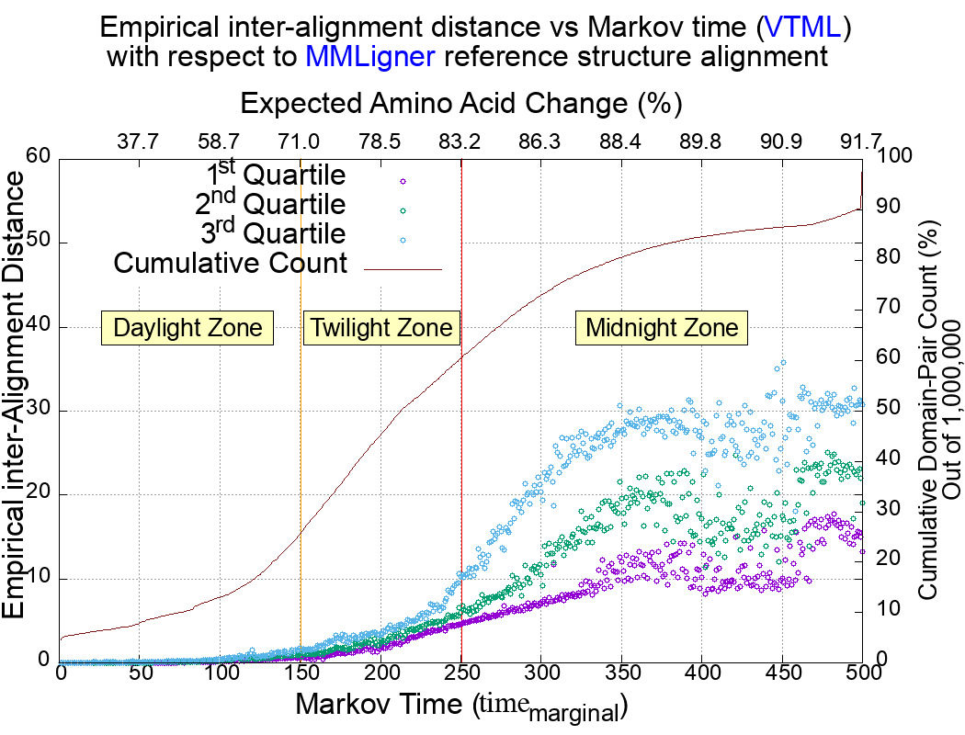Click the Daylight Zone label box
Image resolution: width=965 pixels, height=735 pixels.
pyautogui.click(x=188, y=328)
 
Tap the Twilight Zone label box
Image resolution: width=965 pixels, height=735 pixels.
pyautogui.click(x=381, y=328)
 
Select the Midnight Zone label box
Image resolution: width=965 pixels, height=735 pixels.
pyautogui.click(x=662, y=328)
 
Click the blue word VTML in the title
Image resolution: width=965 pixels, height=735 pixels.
pyautogui.click(x=801, y=28)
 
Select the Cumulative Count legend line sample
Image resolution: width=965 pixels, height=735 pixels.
pyautogui.click(x=403, y=269)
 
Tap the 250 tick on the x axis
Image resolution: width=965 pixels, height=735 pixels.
pyautogui.click(x=461, y=673)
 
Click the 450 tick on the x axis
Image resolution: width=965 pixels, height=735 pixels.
pyautogui.click(x=782, y=673)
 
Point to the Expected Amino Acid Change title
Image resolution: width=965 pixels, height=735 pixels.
pyautogui.click(x=460, y=103)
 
